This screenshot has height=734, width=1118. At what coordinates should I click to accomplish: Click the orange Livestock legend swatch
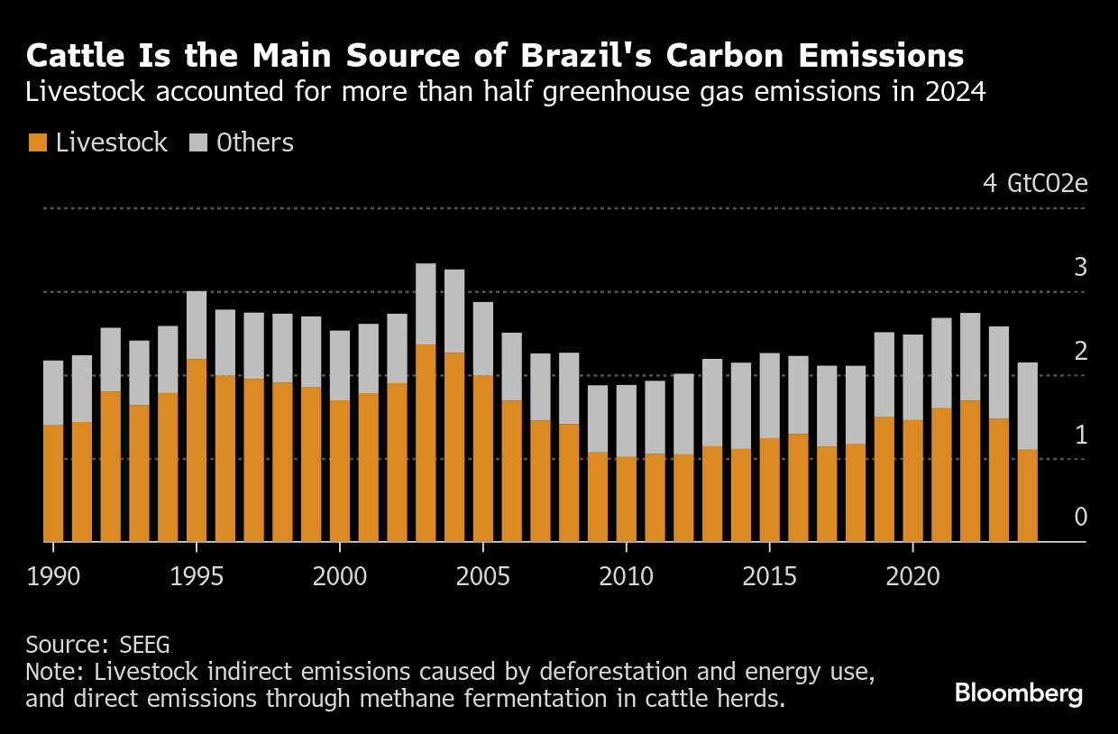click(38, 142)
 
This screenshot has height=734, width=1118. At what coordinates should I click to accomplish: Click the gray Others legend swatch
click(198, 142)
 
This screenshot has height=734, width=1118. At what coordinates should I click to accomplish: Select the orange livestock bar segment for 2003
click(426, 442)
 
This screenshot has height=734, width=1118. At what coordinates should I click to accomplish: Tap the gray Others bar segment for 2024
click(1027, 406)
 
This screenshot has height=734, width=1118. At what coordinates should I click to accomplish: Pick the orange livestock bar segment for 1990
click(53, 482)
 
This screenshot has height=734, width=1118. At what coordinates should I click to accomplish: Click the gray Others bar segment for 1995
click(197, 325)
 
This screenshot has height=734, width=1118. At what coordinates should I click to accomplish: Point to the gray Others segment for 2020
click(912, 377)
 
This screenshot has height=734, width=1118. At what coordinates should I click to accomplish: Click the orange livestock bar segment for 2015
click(769, 490)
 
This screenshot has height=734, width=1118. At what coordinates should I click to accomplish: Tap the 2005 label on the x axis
click(483, 575)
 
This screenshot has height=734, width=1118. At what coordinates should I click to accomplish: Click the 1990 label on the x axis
click(53, 575)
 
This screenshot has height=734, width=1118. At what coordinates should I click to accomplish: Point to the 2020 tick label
click(912, 575)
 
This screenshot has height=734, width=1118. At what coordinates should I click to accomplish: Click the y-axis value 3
click(1081, 268)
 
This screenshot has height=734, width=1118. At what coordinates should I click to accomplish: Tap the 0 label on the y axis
click(1081, 518)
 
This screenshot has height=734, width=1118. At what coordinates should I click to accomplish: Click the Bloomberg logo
click(1019, 693)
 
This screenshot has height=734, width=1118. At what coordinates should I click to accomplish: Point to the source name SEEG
click(145, 645)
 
